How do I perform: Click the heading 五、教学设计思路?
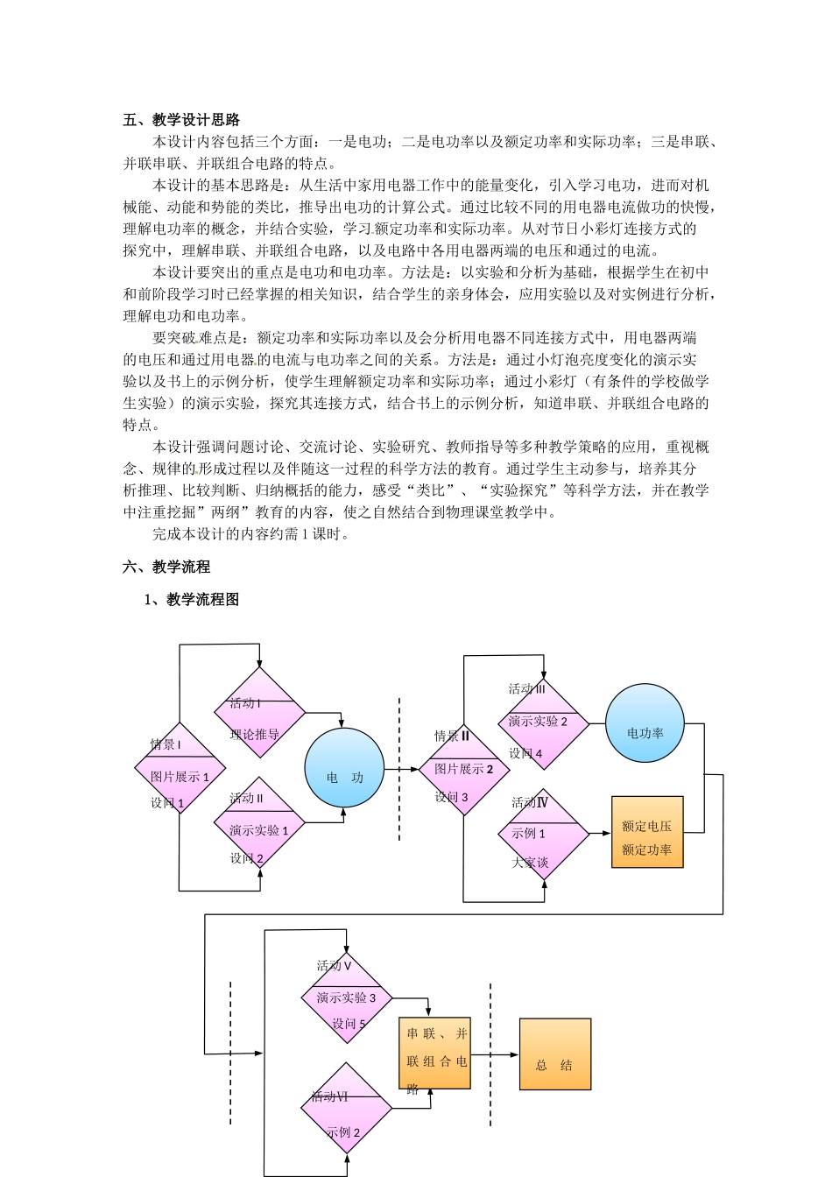click(181, 120)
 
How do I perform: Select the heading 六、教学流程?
click(166, 567)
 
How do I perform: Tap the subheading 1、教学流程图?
click(192, 600)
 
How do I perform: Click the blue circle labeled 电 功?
click(344, 768)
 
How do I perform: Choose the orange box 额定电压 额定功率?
click(646, 832)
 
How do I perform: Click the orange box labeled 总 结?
click(554, 1054)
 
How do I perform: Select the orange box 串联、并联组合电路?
click(434, 1054)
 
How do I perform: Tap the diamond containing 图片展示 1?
click(180, 768)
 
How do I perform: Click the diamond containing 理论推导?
click(259, 713)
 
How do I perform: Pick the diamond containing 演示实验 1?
click(259, 822)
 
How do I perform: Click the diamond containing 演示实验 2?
click(544, 723)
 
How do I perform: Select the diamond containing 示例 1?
click(544, 834)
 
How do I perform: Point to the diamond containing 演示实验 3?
click(347, 997)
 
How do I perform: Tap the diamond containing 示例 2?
click(347, 1108)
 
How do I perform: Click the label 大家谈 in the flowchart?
click(530, 863)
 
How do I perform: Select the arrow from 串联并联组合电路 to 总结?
click(495, 1054)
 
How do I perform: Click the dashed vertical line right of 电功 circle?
click(399, 771)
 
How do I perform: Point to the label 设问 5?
click(349, 1024)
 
